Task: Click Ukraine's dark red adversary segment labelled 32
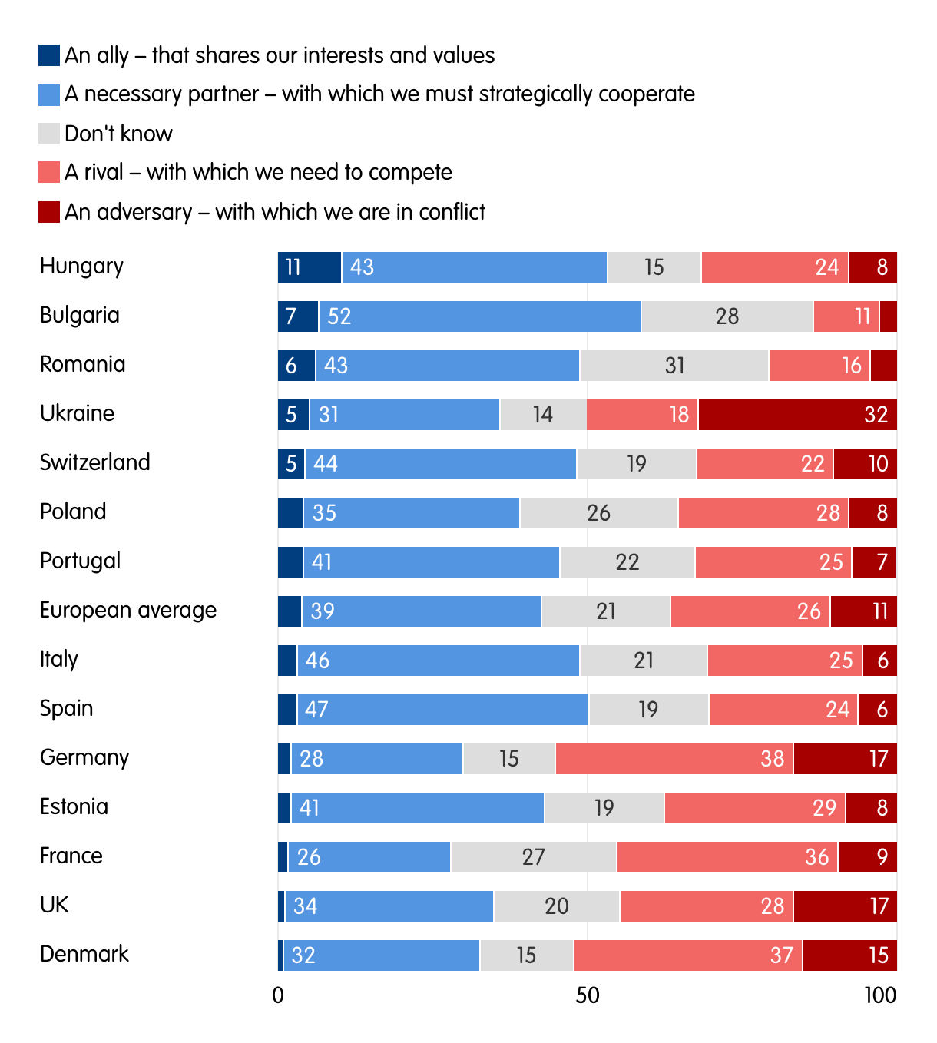tap(797, 415)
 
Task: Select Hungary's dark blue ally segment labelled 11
tap(310, 267)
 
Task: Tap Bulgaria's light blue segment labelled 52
tap(480, 316)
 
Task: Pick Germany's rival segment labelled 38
tap(674, 759)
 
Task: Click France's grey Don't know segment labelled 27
tap(534, 857)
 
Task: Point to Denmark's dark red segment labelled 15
tap(849, 955)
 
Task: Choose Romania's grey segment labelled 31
tap(674, 366)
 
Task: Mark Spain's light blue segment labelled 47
tap(442, 710)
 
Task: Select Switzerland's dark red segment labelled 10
tap(865, 464)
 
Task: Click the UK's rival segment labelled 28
tap(707, 906)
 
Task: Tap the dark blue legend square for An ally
tap(49, 55)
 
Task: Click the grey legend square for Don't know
tap(49, 134)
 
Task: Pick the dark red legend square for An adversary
tap(49, 212)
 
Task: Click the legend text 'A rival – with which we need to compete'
tap(258, 172)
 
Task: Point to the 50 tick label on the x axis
tap(588, 995)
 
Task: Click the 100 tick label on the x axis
tap(880, 995)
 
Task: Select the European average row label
tap(128, 611)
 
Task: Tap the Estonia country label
tap(74, 806)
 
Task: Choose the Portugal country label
tap(80, 561)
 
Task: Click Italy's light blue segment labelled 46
tap(438, 661)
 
